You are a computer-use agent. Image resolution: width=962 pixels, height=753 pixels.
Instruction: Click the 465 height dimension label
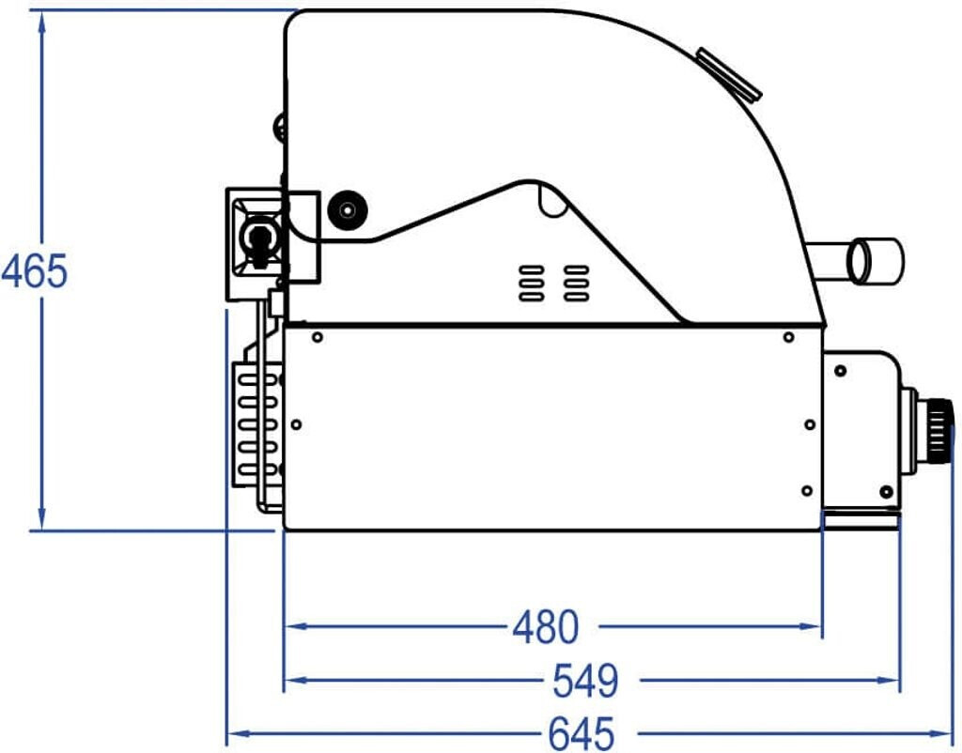[35, 270]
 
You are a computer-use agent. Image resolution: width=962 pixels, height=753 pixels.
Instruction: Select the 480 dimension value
[546, 626]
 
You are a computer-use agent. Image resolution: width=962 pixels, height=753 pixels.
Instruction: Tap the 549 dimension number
[585, 680]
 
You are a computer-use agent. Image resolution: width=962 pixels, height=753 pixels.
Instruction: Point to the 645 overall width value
[581, 732]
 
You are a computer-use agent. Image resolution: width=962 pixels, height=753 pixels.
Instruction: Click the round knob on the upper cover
[348, 211]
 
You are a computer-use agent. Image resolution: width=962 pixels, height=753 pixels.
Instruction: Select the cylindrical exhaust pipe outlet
[875, 261]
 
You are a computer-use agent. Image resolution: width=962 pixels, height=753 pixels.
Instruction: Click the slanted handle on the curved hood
[729, 73]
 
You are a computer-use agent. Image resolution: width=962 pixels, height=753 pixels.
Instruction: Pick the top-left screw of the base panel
[318, 337]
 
